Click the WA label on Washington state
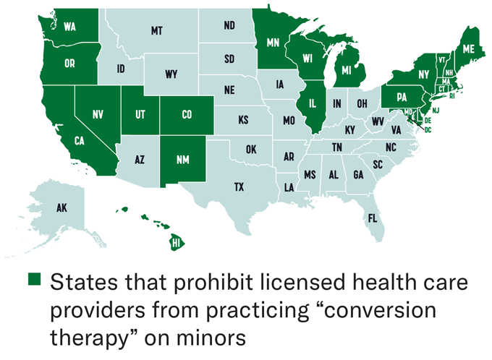point(70,27)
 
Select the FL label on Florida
point(372,217)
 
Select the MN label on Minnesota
point(273,43)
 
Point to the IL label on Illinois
point(314,103)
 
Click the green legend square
point(35,280)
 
